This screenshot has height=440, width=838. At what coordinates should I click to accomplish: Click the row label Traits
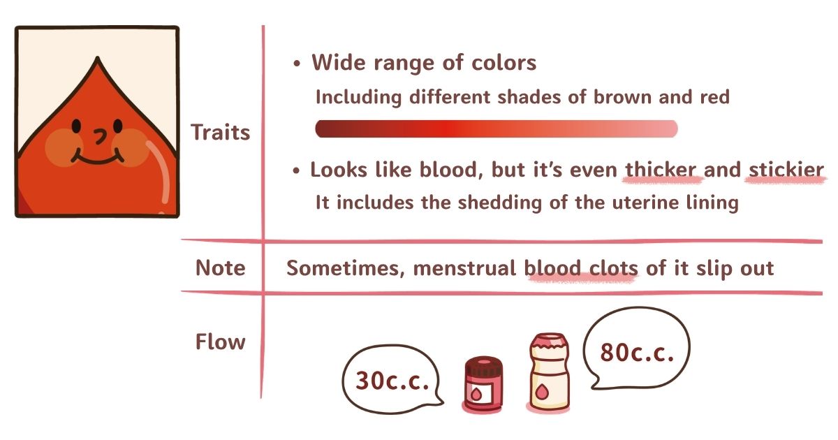221,132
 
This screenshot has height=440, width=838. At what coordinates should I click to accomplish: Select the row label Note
221,268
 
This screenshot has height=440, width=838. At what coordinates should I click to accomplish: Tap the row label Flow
221,342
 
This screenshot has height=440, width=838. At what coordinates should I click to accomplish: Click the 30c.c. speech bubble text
392,381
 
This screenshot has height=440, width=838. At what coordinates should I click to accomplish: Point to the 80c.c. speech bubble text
637,353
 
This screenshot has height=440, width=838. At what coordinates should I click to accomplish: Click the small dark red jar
483,384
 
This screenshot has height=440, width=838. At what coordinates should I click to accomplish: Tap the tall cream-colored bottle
549,372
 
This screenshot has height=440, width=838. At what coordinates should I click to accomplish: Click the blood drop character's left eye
76,126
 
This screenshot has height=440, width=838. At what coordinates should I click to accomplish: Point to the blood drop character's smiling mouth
98,156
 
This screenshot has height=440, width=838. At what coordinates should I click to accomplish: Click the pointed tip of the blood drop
98,57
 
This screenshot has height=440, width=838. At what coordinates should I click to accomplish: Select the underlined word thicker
661,170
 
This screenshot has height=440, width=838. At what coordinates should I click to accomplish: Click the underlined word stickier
786,170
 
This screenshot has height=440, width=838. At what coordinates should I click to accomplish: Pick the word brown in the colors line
622,97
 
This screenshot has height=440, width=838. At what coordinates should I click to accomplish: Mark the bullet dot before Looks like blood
296,171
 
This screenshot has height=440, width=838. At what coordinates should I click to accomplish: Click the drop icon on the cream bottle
542,392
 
